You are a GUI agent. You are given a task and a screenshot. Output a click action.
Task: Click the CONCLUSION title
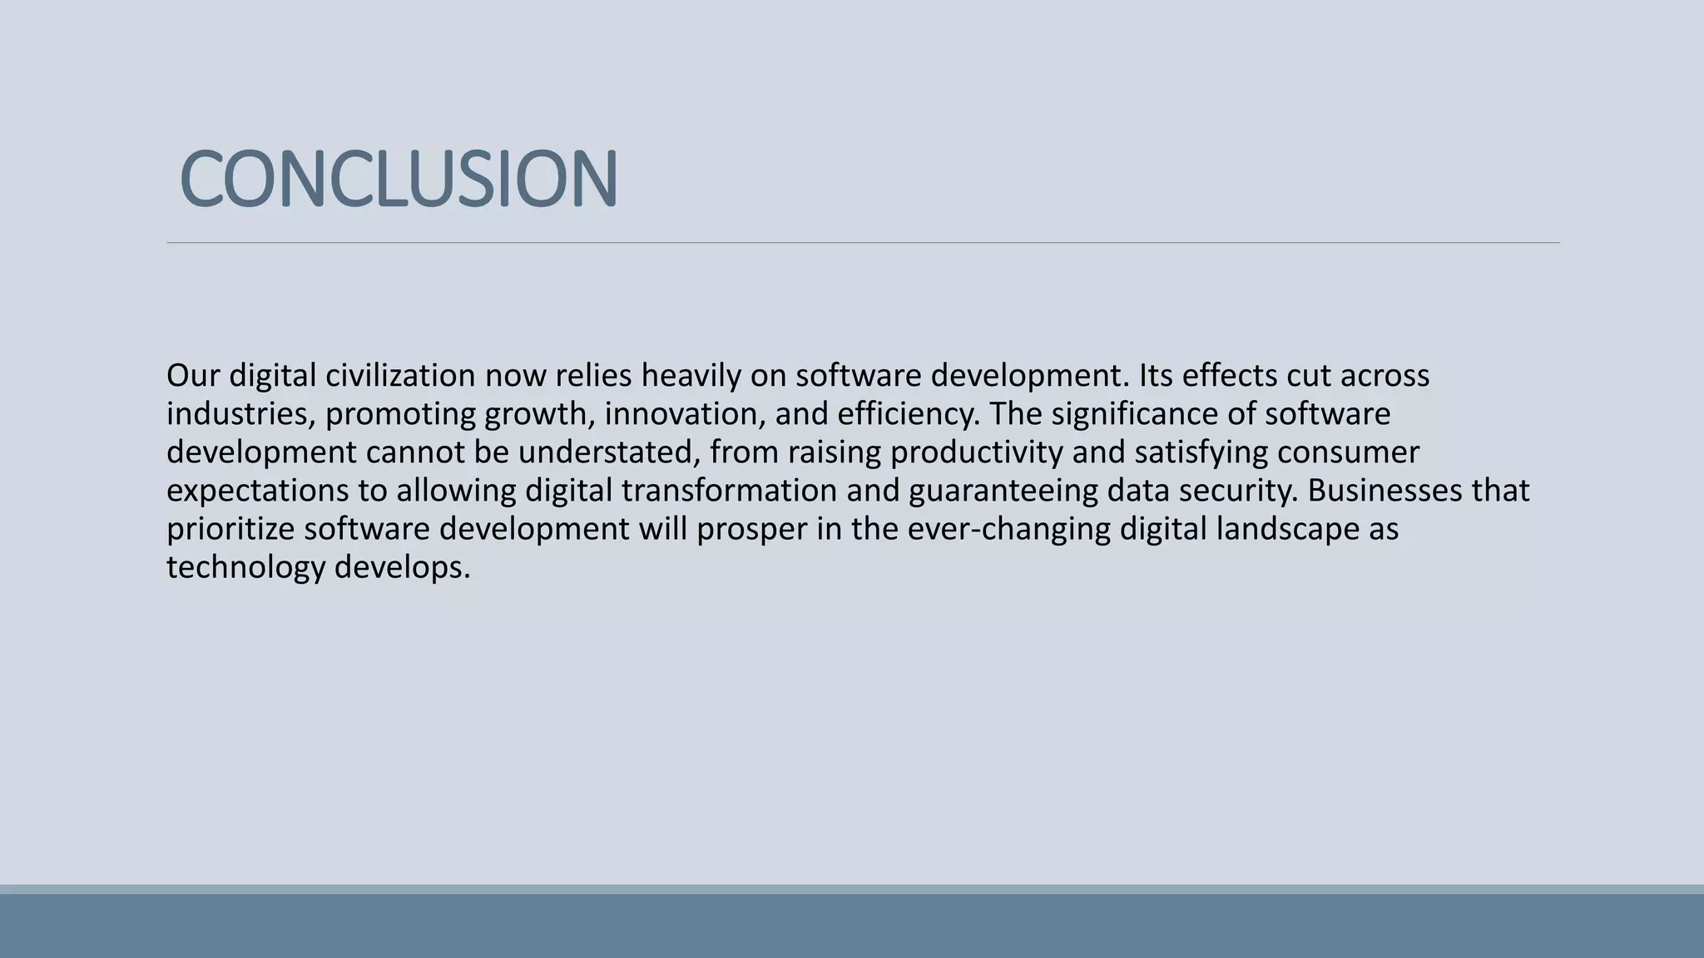click(399, 179)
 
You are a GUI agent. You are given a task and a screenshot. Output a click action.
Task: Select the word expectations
click(258, 491)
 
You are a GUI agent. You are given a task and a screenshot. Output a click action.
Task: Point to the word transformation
click(729, 491)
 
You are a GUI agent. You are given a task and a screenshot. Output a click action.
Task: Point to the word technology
click(245, 567)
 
